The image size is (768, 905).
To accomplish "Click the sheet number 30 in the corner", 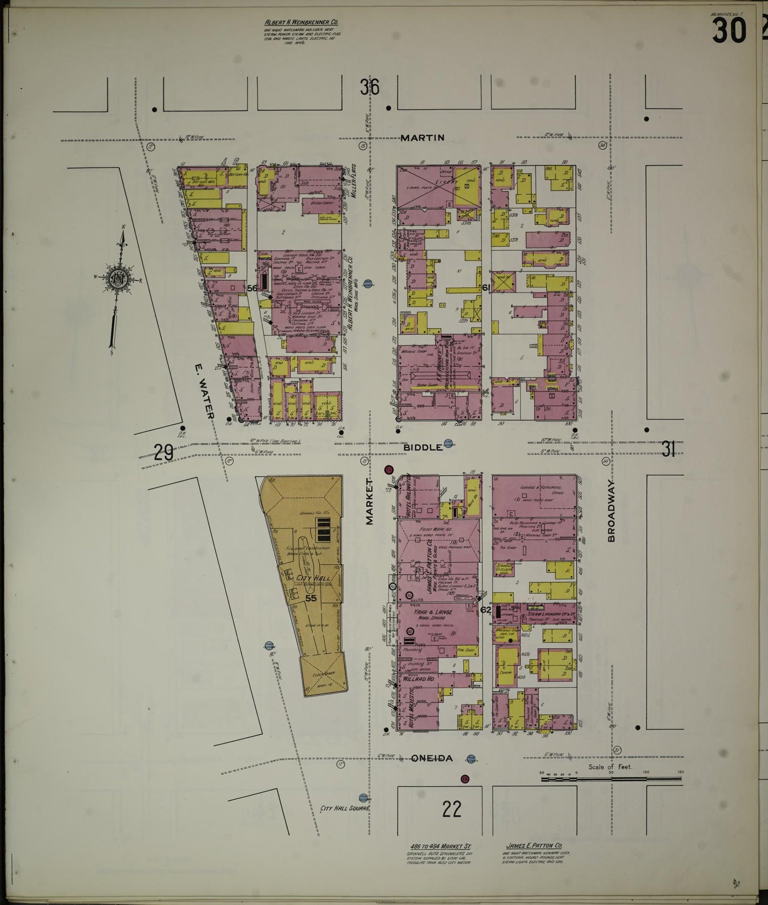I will tap(729, 30).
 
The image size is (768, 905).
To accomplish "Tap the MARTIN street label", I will tap(422, 138).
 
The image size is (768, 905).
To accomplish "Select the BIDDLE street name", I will tap(423, 447).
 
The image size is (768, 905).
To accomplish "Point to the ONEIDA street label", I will tap(432, 759).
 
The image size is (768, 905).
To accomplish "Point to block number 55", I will tap(311, 598).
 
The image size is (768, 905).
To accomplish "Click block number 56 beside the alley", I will tap(252, 288).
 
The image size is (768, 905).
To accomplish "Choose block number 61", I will tap(485, 288).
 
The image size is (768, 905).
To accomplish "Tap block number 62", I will tap(485, 610).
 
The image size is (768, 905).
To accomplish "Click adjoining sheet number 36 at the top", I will tap(369, 87).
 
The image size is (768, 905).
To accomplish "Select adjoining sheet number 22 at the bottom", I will tap(451, 809).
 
